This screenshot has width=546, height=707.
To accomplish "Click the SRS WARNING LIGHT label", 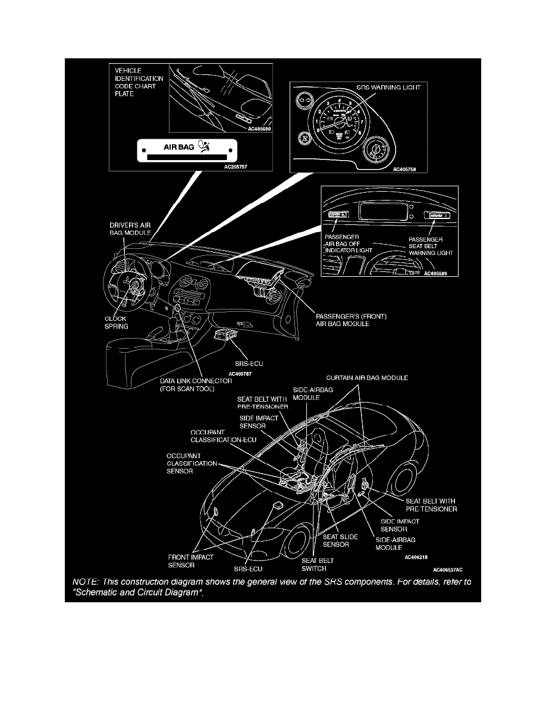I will click(x=388, y=88).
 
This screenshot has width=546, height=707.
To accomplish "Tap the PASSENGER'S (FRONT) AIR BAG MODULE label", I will click(x=351, y=320).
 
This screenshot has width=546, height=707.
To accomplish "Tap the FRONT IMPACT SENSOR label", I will click(x=187, y=562).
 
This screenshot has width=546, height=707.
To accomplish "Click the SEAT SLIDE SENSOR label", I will click(x=340, y=540).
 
